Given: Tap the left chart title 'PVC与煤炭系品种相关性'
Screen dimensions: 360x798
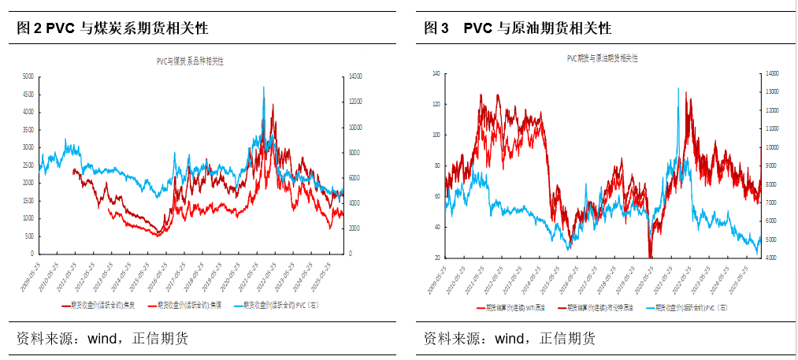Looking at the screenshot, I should click(x=190, y=61).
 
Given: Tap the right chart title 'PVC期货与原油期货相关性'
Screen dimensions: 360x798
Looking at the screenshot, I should click(x=603, y=58).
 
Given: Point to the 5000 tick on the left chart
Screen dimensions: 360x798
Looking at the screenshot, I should click(x=27, y=76).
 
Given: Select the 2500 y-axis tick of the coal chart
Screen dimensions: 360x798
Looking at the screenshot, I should click(x=27, y=165).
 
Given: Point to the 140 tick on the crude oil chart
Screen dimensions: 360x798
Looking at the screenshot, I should click(x=434, y=73).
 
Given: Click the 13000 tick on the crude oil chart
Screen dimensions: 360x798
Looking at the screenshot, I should click(x=771, y=91).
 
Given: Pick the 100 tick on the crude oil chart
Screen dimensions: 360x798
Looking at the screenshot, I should click(x=434, y=135).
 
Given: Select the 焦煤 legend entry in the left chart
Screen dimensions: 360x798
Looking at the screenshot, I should click(x=190, y=304).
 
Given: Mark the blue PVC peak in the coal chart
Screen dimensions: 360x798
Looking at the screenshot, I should click(x=263, y=87).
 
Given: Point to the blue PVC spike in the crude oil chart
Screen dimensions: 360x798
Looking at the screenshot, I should click(x=677, y=88).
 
